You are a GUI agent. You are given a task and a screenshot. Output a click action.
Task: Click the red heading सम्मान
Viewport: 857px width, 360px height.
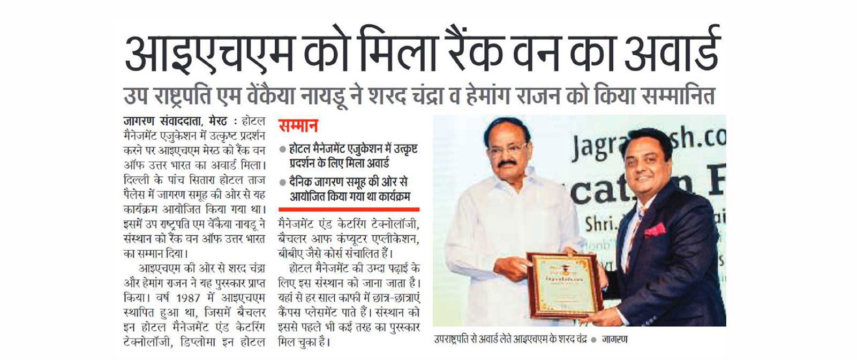click(298, 126)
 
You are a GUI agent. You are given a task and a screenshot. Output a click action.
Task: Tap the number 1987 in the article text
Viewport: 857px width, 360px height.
click(189, 298)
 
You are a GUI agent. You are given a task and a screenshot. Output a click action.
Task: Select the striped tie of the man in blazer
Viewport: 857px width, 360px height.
click(634, 230)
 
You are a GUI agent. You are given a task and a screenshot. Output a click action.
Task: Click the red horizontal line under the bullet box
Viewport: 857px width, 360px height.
click(349, 209)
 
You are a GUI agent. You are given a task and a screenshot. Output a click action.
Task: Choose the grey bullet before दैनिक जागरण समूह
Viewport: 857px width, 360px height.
click(282, 183)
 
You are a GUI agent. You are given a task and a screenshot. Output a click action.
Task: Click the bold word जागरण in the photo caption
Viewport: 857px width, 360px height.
click(614, 340)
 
